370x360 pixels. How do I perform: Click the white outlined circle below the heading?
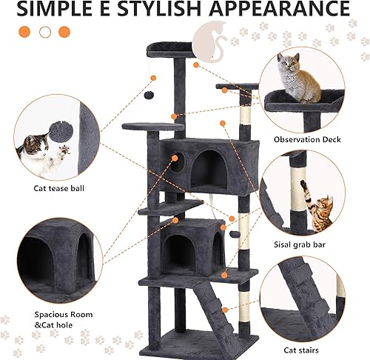tap(45, 32)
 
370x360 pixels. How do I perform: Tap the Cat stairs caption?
tap(301, 348)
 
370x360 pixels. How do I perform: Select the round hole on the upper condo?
tap(178, 159)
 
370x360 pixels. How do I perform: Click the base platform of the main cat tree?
tap(196, 341)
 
